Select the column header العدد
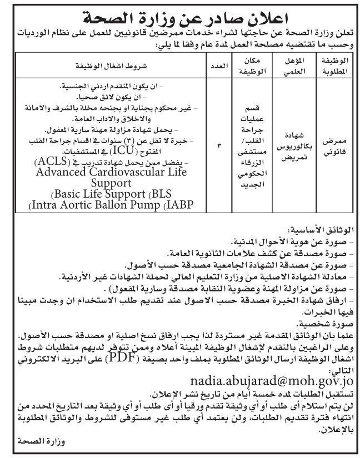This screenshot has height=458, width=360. [x=218, y=66]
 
